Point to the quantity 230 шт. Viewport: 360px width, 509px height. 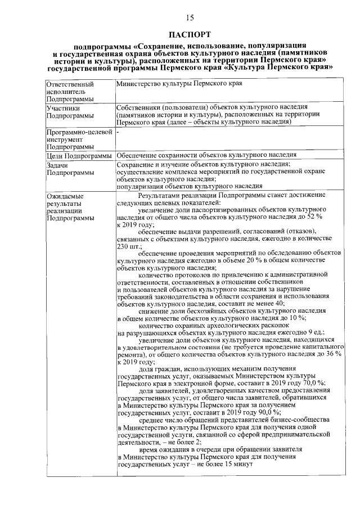(x=129, y=246)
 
